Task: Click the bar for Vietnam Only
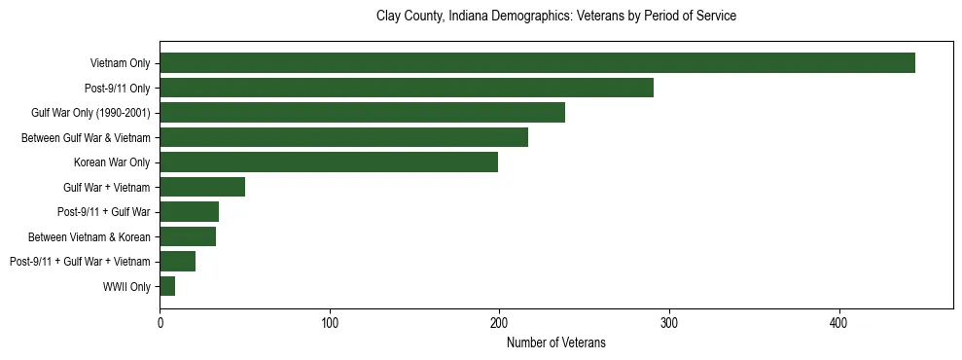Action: tap(537, 63)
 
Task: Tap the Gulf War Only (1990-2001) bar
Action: tap(362, 113)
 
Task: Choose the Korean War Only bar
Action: tap(329, 162)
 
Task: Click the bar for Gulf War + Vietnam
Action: tap(202, 187)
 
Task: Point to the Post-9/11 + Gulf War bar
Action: tap(189, 211)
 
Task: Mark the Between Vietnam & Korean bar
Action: tap(188, 236)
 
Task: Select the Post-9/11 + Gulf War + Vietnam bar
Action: tap(177, 261)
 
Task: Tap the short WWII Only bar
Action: tap(167, 286)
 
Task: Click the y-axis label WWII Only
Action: tap(126, 286)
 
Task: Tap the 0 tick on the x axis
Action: tap(160, 321)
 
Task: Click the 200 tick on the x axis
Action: tap(499, 321)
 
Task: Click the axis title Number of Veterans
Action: tap(555, 342)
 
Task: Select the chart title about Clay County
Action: tap(555, 17)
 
